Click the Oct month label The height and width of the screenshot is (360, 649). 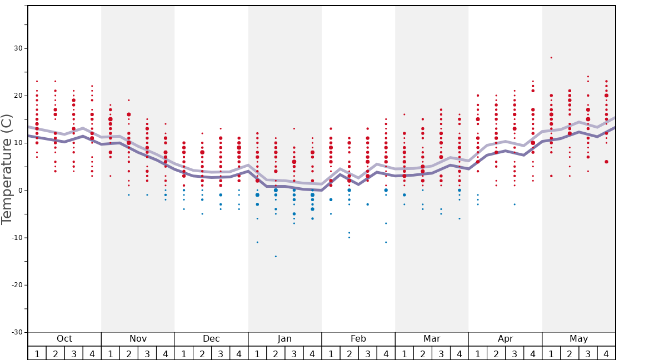click(64, 339)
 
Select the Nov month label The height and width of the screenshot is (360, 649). click(138, 339)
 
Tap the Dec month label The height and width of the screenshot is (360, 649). click(211, 339)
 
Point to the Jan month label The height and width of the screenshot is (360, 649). click(284, 339)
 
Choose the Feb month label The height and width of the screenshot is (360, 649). click(358, 339)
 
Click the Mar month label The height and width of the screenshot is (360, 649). click(432, 339)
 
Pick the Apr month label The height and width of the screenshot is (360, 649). click(505, 339)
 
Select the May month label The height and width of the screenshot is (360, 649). click(578, 339)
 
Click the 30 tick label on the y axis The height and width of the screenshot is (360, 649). click(18, 48)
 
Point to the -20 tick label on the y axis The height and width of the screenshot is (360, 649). click(17, 285)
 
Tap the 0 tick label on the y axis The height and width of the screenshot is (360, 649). click(21, 191)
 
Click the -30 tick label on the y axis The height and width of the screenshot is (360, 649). click(17, 332)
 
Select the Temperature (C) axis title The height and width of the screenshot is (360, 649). click(7, 169)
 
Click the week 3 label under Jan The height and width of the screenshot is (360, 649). click(294, 354)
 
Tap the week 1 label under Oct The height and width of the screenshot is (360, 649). click(37, 354)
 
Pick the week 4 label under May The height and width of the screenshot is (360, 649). click(606, 354)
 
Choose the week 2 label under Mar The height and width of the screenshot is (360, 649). click(422, 354)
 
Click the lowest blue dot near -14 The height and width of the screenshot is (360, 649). click(276, 256)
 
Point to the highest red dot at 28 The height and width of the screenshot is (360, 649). click(551, 58)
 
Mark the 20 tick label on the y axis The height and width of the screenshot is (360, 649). click(18, 96)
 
